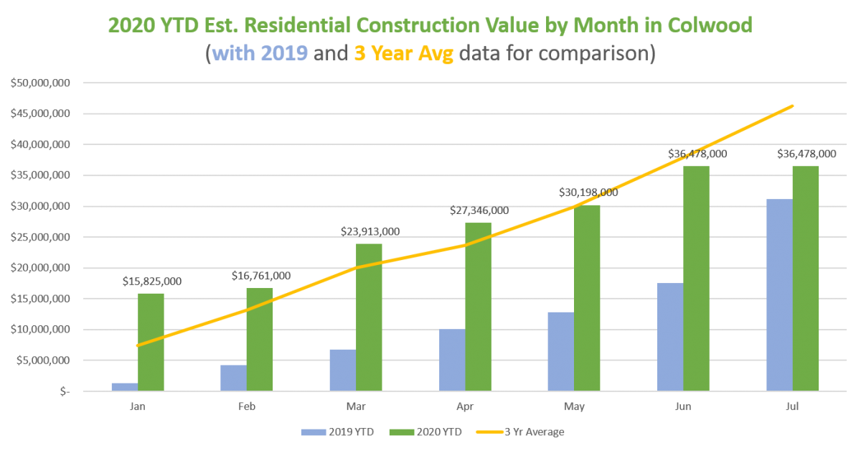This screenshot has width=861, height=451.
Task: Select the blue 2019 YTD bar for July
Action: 779,294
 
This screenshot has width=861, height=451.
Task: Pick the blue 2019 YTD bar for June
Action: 669,337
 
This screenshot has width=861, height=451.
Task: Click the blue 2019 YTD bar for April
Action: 452,360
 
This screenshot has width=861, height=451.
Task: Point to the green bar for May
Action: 587,297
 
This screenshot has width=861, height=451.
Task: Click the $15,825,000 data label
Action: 151,282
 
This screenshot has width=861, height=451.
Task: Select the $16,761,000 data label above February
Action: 260,276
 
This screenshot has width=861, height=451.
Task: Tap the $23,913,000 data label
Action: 370,231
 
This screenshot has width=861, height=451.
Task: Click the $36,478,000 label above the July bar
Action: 806,154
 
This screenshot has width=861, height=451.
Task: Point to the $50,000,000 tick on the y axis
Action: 40,83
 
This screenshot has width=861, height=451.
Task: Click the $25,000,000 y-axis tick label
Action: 40,237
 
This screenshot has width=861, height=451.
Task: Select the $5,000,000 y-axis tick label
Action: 42,361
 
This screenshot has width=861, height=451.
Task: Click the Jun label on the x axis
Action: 683,406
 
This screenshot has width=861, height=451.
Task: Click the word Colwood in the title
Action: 699,27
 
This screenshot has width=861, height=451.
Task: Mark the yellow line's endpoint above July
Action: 793,106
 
